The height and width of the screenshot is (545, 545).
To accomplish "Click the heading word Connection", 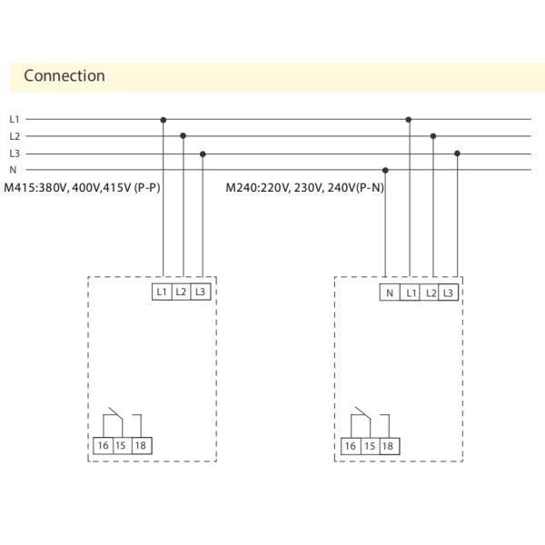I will tap(64, 75).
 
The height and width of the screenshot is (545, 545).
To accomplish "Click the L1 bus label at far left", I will tap(14, 119).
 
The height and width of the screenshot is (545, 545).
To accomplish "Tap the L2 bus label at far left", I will tap(14, 136).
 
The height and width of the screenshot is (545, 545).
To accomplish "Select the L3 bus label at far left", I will tap(14, 154).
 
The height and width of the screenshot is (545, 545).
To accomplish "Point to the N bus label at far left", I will tap(13, 170).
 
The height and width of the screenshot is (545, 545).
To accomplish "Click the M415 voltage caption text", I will tap(83, 188).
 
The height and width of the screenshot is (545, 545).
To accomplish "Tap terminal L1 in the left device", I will tap(162, 292).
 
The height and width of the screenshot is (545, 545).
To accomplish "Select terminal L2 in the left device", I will tap(182, 292).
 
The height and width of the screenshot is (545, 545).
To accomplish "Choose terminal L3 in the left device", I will tap(201, 292).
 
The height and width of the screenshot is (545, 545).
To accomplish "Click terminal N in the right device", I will tap(390, 292).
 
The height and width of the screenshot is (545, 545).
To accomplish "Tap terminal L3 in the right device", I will tap(448, 292).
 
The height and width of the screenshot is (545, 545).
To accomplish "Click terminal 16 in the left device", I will tap(103, 445).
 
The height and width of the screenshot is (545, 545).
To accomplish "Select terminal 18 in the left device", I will tap(140, 445).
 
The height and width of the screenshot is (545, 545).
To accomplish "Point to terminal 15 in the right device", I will tap(369, 446).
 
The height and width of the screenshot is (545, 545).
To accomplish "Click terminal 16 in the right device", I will tap(350, 446).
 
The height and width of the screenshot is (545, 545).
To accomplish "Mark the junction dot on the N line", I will tap(386, 170).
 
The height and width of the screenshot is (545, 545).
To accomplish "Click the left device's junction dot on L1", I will tap(163, 119).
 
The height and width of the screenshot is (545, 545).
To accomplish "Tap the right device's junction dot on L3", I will tap(457, 154).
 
